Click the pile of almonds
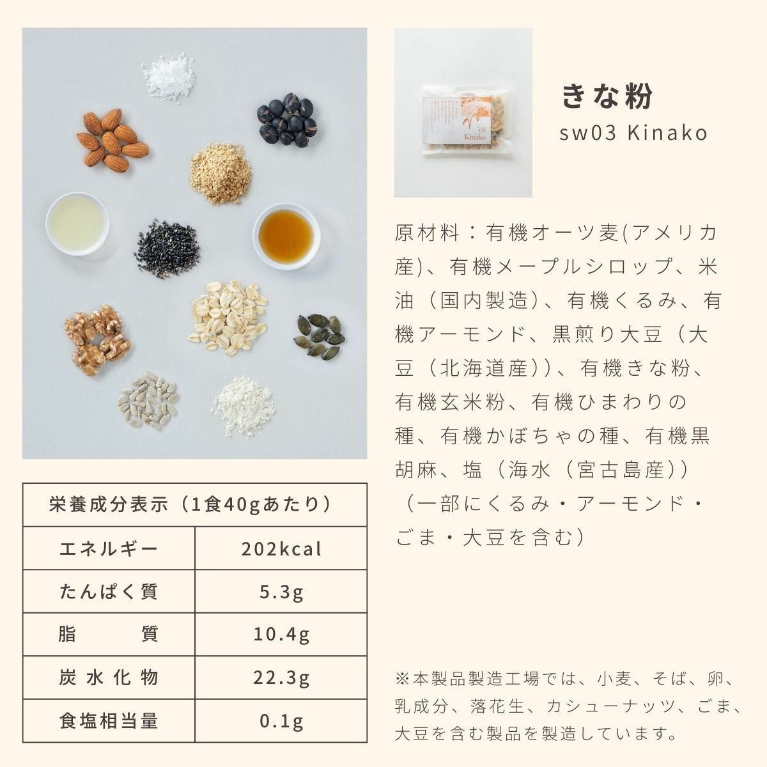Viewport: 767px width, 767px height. [112, 140]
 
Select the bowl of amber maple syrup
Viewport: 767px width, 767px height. [286, 236]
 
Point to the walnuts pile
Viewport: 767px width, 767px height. [98, 339]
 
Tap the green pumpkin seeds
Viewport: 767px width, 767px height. [320, 336]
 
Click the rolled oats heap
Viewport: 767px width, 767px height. [228, 317]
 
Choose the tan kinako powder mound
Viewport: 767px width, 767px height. [221, 174]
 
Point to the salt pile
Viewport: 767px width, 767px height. [169, 77]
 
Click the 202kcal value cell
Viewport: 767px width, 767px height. [281, 549]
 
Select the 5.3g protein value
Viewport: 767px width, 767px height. [281, 593]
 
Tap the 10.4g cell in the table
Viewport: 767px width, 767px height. [281, 635]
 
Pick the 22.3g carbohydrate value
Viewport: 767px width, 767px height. [281, 678]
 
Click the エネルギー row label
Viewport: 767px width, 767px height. [108, 549]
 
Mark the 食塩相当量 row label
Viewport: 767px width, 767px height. [108, 721]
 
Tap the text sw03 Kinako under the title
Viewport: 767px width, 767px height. [633, 133]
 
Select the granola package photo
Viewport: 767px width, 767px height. [463, 112]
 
